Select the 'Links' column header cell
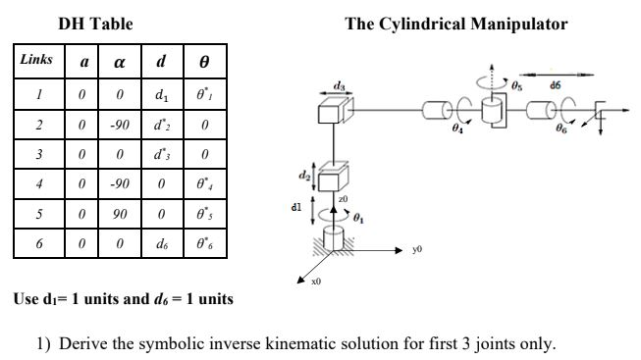tap(36, 62)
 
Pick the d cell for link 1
tap(160, 97)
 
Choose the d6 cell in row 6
tap(160, 240)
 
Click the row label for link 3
tap(35, 154)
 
